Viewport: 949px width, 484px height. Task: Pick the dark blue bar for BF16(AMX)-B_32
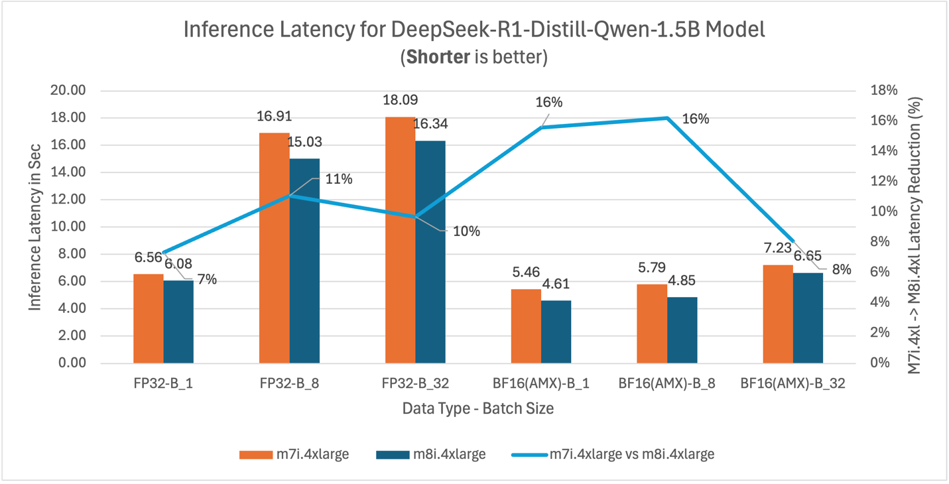click(x=808, y=318)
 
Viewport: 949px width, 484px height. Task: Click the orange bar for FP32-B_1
click(x=148, y=318)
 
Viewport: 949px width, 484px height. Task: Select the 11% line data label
click(x=338, y=179)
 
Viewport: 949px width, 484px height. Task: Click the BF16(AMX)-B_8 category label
click(x=666, y=383)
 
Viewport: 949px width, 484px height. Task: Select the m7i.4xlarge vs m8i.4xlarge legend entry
click(x=613, y=454)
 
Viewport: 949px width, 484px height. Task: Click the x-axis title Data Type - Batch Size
click(x=477, y=408)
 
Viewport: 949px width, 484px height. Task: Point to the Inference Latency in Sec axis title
click(x=35, y=227)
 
